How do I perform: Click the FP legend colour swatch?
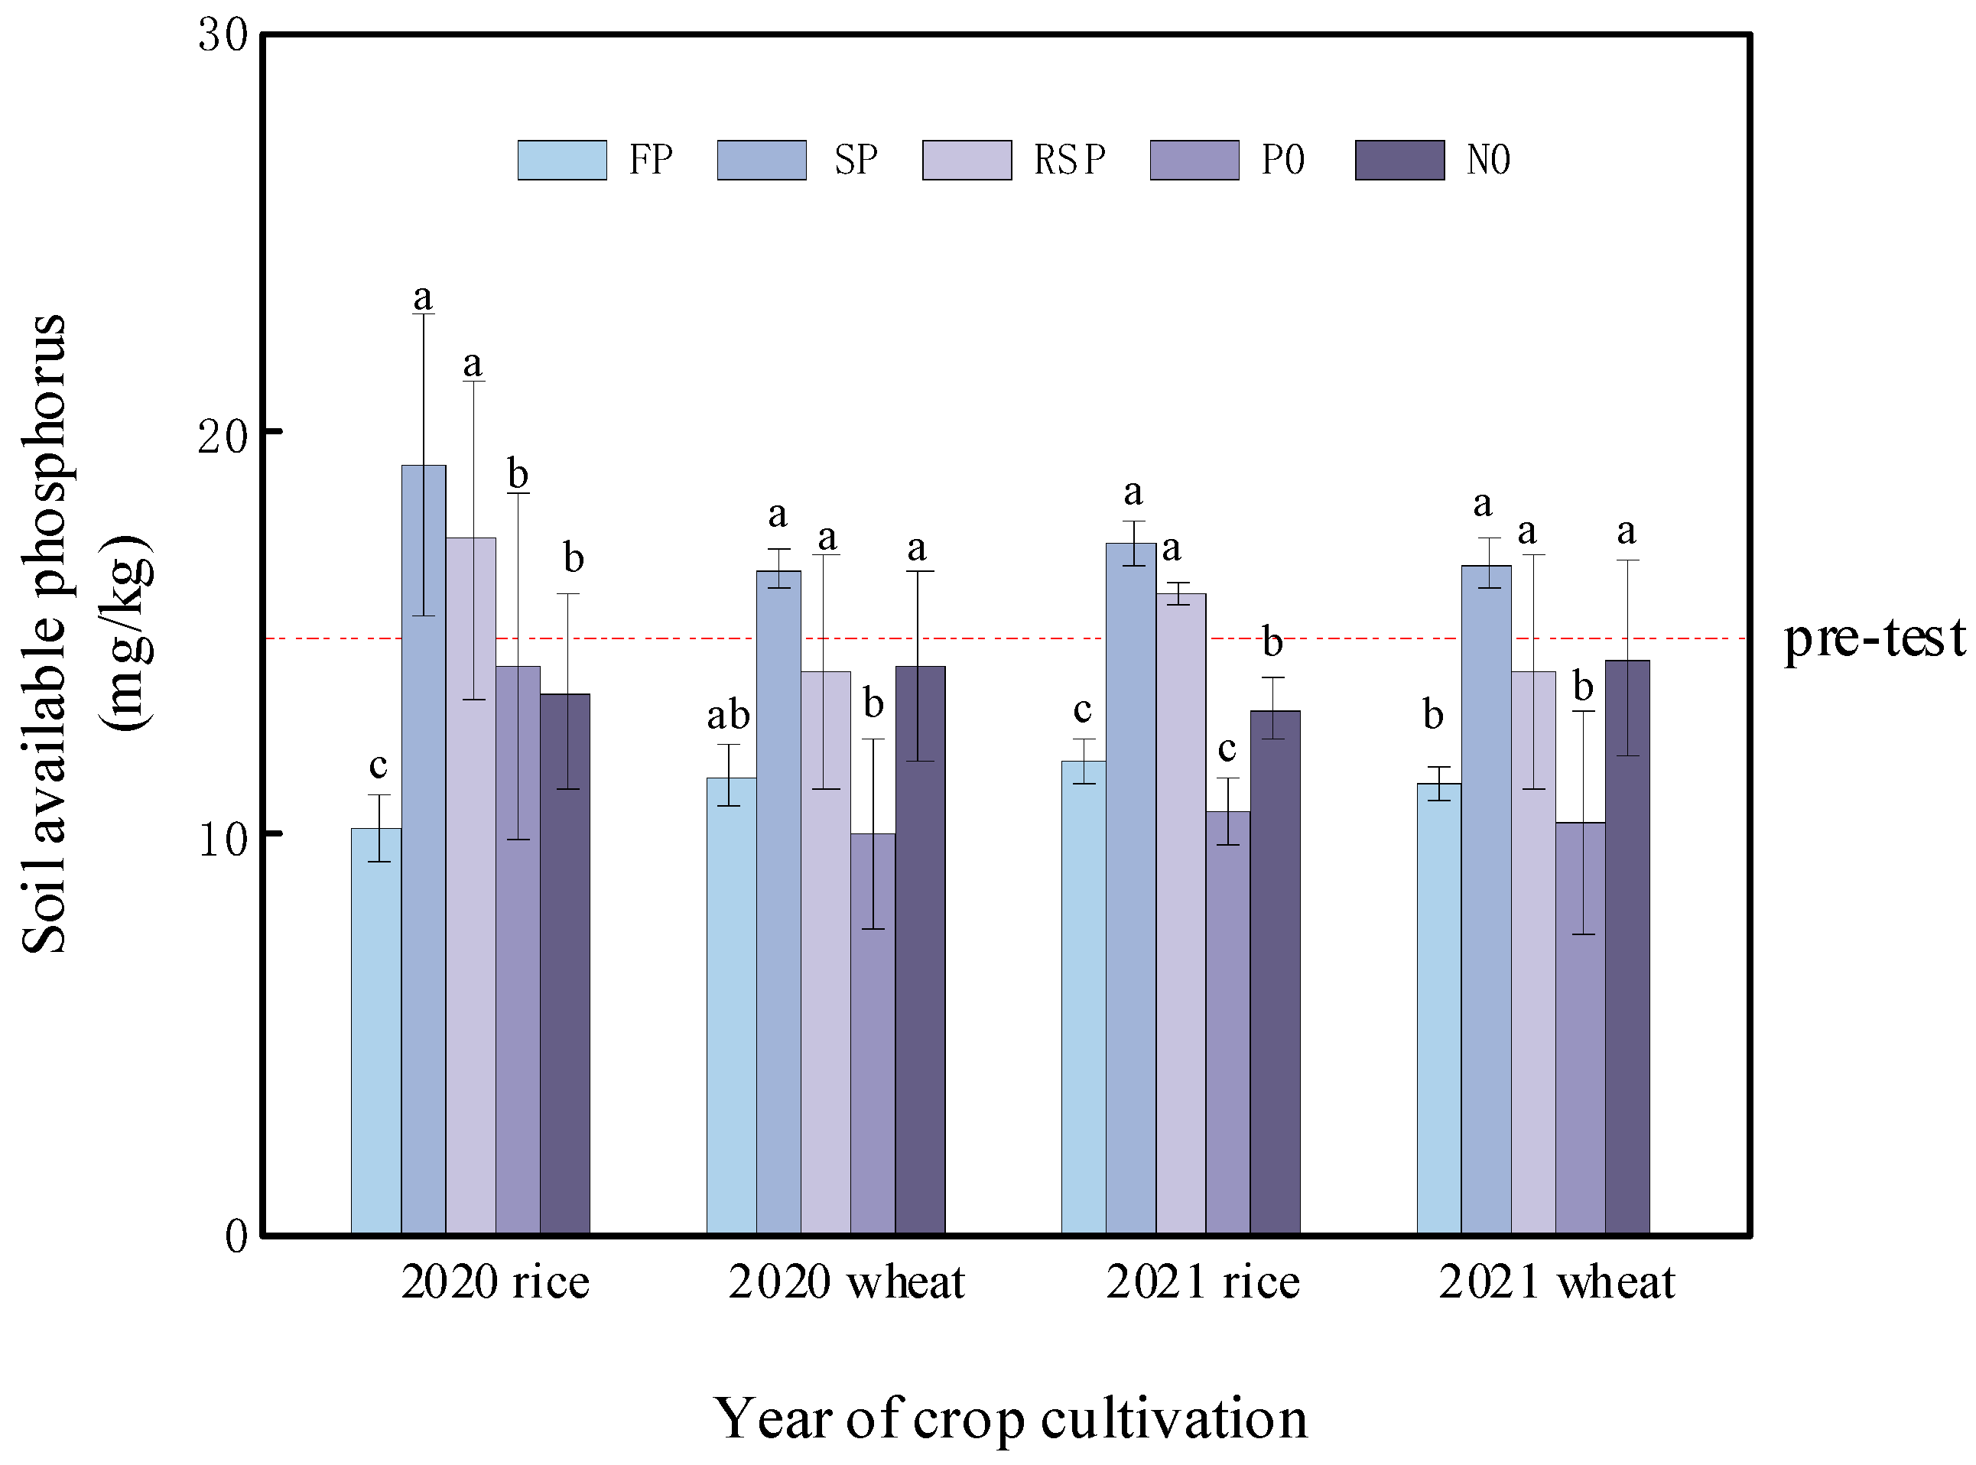[x=562, y=161]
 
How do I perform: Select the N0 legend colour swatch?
[x=1399, y=161]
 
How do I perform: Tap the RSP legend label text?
[x=1070, y=161]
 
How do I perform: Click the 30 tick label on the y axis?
[x=222, y=37]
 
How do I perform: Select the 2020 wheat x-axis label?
[x=846, y=1282]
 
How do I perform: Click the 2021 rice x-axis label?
[x=1202, y=1282]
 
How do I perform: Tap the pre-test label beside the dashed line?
[x=1873, y=638]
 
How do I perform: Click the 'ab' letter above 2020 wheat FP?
[x=728, y=715]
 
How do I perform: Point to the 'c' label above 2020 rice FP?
[x=378, y=765]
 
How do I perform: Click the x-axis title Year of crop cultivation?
[x=1010, y=1418]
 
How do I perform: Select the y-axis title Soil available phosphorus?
[x=44, y=634]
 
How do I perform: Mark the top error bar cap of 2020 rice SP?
[x=423, y=315]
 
